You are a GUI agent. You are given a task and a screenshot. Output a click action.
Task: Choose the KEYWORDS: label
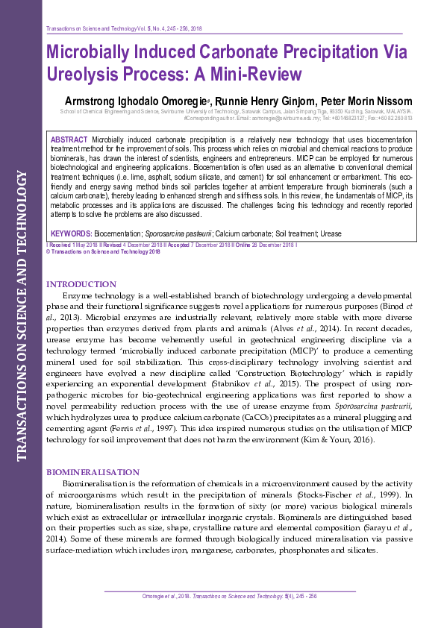[x=72, y=233]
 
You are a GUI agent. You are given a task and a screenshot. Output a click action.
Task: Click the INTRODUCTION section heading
[x=81, y=284]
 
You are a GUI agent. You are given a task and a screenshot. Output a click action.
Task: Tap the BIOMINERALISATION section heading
[x=93, y=472]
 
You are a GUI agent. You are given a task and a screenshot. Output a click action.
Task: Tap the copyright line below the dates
[x=104, y=251]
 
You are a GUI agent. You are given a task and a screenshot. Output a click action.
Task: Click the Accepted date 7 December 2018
[x=191, y=244]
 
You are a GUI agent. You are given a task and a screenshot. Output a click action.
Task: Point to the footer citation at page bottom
[x=229, y=596]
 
